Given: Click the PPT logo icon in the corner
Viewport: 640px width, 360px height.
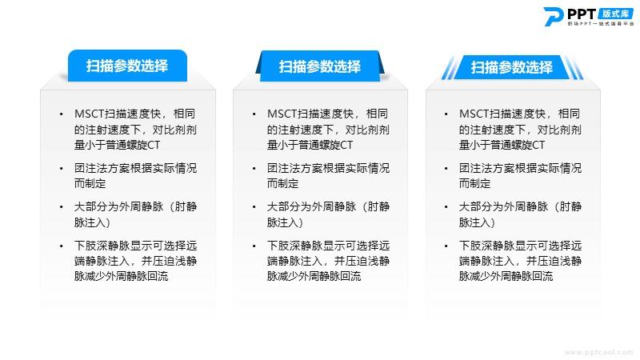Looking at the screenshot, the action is point(554,16).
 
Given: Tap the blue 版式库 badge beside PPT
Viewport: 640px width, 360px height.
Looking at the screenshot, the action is point(616,14).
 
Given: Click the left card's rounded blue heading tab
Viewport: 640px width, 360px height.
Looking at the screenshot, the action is point(127,66).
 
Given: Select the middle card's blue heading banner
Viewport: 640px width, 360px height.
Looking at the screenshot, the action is point(320,66).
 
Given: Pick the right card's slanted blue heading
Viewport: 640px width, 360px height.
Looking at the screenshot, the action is point(512,67).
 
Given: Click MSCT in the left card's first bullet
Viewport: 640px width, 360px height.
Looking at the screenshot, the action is point(90,114).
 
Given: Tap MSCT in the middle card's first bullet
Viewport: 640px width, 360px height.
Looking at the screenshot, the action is point(282,114).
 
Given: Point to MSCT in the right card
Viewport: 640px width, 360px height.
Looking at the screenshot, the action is point(474,114).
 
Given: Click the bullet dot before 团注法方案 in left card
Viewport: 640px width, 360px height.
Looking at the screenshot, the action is point(62,168).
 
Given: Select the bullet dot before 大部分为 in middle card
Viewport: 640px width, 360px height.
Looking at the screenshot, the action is point(254,207).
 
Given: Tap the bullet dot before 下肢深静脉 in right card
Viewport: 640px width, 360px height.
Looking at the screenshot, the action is point(446,246).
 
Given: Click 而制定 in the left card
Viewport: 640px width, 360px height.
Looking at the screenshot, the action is point(90,184).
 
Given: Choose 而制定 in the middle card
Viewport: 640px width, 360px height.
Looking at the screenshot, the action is point(283,184).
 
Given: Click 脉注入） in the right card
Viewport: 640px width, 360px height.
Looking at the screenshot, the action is point(477,222).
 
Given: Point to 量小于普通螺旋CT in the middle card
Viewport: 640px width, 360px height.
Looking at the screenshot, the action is point(310,145).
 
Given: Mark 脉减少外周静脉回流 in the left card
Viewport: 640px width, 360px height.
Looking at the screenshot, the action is point(122,276).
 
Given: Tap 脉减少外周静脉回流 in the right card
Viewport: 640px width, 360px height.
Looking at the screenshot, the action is point(506,276).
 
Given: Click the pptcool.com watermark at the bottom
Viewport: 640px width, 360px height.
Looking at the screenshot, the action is point(598,352).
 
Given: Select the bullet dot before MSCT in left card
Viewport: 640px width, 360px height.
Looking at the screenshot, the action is point(62,114).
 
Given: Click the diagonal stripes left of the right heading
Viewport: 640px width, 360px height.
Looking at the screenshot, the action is point(449,68).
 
